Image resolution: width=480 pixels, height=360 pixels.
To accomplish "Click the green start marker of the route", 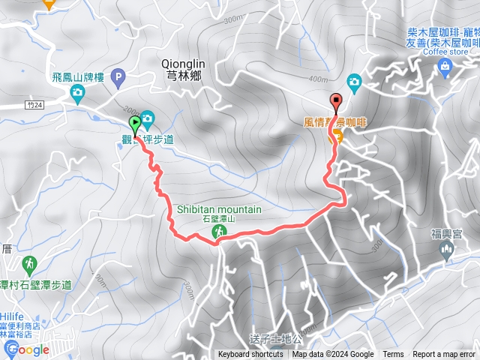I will coord(135,123).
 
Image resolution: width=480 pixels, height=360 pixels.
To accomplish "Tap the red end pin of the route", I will coord(335,102).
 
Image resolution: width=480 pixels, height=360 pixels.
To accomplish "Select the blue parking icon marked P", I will coord(118,76).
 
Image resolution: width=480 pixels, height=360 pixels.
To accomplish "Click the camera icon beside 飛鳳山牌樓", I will coord(76,92).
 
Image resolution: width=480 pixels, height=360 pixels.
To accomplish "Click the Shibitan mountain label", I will coord(219,209).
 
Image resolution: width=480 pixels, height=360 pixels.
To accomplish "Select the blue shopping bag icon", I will coord(445,67).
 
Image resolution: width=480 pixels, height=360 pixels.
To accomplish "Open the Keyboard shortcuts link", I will coord(250,355).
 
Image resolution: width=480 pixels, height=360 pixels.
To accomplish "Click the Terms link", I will coord(393,355).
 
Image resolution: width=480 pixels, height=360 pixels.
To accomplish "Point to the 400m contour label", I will coord(319,79).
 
